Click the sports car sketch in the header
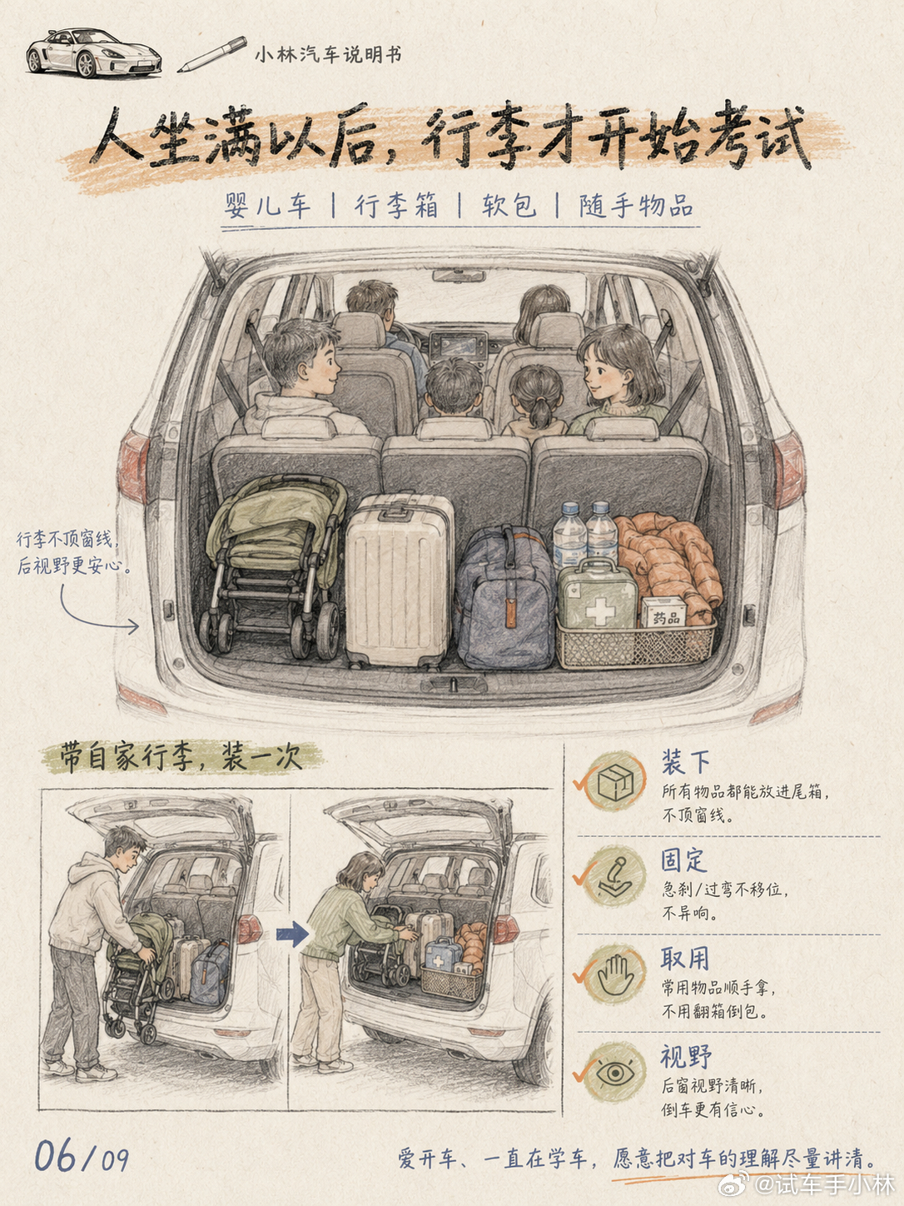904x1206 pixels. (x=93, y=52)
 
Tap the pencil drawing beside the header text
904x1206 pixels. (x=211, y=54)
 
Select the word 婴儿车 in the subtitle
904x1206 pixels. (x=267, y=207)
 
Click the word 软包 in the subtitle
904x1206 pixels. (x=509, y=207)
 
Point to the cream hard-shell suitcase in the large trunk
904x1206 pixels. (x=399, y=580)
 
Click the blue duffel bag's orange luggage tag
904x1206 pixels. (x=512, y=613)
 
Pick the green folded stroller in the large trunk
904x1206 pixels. (x=275, y=566)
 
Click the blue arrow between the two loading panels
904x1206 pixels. (x=292, y=934)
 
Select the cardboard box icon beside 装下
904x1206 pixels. (x=615, y=780)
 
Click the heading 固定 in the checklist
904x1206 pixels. (x=683, y=860)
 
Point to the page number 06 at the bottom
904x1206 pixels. (x=56, y=1156)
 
